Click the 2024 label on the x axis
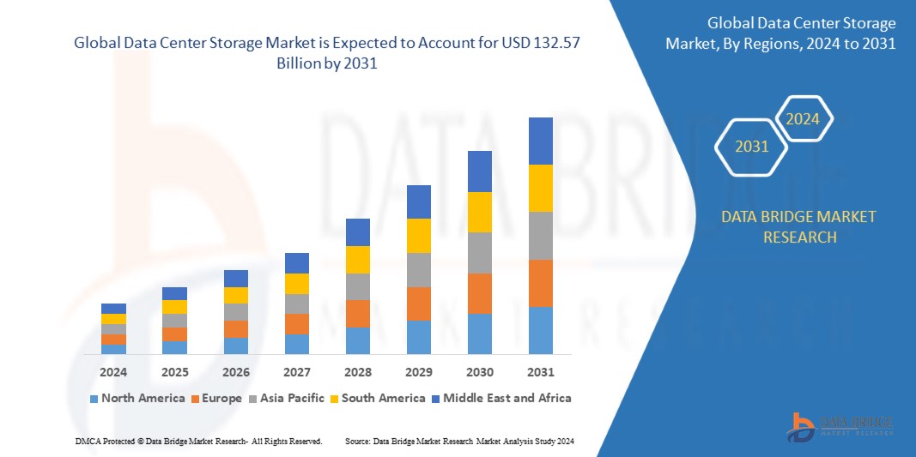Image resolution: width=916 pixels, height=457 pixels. tap(113, 373)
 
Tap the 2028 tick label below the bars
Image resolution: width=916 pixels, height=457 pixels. tap(358, 373)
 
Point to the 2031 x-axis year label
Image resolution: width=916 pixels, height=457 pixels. tap(541, 373)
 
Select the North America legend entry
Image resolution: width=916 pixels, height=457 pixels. tap(137, 398)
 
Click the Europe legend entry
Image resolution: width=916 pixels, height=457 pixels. tap(218, 398)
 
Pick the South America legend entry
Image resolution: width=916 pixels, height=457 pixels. tap(377, 398)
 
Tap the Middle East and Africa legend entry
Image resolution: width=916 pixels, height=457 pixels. tap(503, 398)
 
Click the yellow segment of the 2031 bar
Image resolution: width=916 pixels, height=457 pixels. tap(541, 188)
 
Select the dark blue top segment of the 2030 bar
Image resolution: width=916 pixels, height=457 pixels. tap(480, 171)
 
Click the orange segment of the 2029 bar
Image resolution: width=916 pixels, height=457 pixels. tap(419, 304)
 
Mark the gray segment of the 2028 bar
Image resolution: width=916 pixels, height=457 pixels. tap(358, 286)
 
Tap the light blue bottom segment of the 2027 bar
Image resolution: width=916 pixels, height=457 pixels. tap(297, 344)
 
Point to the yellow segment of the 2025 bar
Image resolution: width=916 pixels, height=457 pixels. tap(174, 307)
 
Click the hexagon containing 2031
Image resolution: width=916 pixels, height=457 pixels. tap(752, 147)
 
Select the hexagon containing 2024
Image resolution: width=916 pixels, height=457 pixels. tap(803, 119)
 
